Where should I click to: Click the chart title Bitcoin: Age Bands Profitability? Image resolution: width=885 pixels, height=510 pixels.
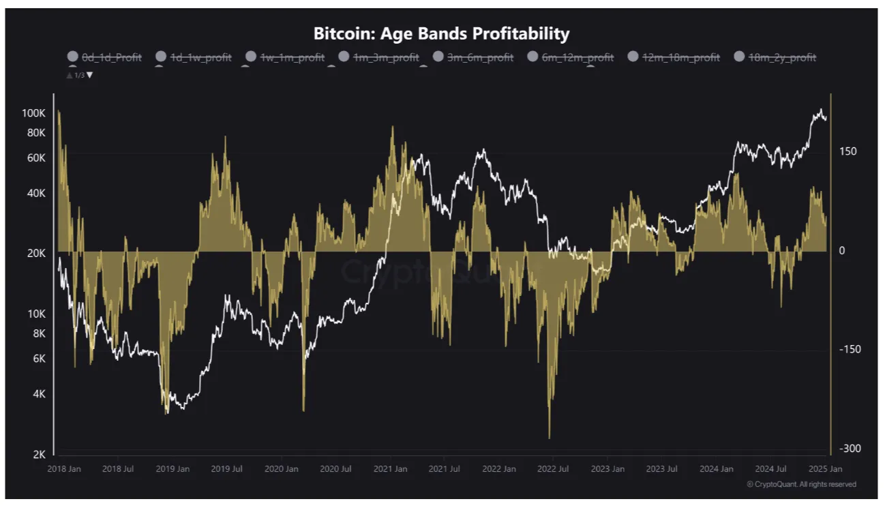[441, 33]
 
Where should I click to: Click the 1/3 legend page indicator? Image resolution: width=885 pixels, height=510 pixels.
[79, 75]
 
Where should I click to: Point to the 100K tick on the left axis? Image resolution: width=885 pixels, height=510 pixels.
[33, 112]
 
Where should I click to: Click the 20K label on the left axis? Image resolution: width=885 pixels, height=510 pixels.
[36, 253]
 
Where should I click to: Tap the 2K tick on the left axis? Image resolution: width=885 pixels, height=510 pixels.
[40, 455]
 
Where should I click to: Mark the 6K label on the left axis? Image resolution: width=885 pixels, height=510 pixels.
[40, 359]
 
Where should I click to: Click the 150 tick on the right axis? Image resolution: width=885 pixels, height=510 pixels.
[847, 151]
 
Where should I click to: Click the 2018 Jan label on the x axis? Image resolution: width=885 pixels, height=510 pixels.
[64, 469]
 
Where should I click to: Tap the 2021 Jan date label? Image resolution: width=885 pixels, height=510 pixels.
[390, 469]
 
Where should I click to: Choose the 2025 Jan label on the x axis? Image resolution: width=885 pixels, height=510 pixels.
[825, 469]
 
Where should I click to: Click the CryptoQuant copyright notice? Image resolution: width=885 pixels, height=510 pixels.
[801, 484]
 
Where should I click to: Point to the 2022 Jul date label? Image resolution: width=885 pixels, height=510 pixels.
[553, 469]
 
